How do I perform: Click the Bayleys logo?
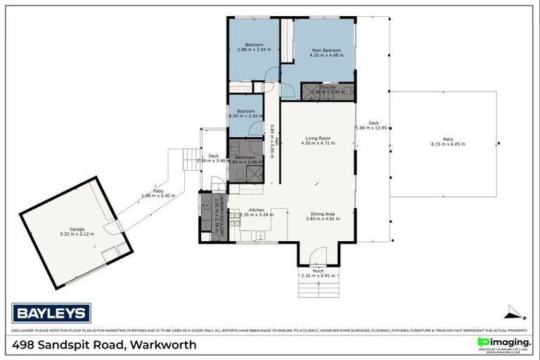[51, 313]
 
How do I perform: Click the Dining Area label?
[323, 214]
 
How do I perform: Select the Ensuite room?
[328, 90]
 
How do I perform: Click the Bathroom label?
[245, 157]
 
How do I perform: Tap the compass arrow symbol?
[515, 313]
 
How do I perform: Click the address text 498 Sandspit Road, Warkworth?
[105, 345]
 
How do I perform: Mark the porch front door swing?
[319, 256]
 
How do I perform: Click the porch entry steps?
[319, 286]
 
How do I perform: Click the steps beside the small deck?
[191, 159]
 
